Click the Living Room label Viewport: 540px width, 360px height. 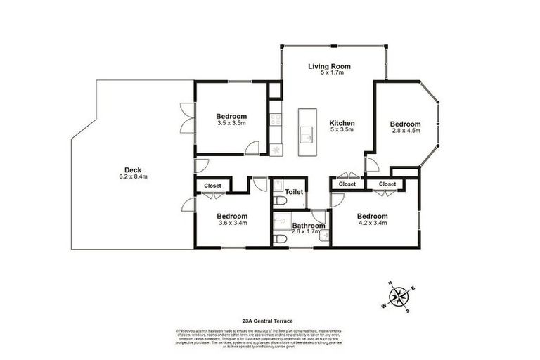tap(329, 66)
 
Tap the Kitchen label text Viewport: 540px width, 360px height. tap(342, 123)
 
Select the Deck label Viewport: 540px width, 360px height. tap(132, 169)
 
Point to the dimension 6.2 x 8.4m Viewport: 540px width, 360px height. tap(132, 176)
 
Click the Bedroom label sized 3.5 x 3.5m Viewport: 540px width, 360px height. tap(231, 116)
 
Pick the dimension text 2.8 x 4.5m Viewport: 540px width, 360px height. tap(405, 130)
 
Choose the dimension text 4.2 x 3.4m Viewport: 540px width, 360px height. tap(372, 223)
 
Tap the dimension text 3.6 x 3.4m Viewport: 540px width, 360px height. tap(231, 223)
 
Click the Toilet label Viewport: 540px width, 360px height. tap(294, 191)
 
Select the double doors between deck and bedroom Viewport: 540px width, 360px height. tap(186, 118)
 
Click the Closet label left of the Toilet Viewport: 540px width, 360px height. tap(212, 186)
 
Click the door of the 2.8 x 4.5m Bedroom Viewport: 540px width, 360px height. tap(372, 164)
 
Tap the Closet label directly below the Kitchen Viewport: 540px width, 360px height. tap(347, 184)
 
